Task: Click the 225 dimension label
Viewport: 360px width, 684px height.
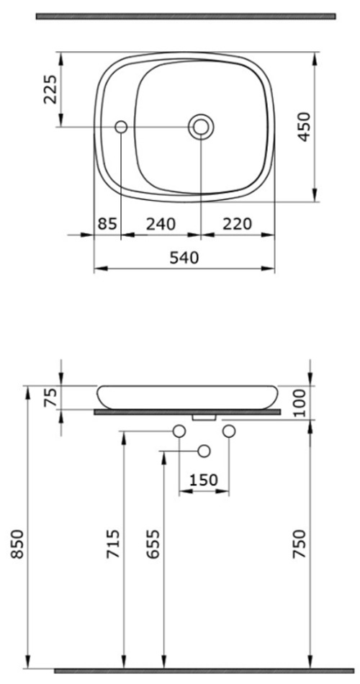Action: tap(50, 89)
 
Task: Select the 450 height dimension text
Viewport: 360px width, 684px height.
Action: tap(304, 127)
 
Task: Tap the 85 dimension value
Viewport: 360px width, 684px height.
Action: tap(107, 224)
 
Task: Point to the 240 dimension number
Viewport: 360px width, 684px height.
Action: tap(161, 224)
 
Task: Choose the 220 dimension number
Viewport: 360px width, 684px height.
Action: tap(238, 224)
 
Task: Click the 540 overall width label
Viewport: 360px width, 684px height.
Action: tap(184, 257)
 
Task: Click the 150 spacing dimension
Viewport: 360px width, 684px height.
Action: tap(204, 480)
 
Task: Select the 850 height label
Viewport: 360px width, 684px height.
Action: tap(17, 544)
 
